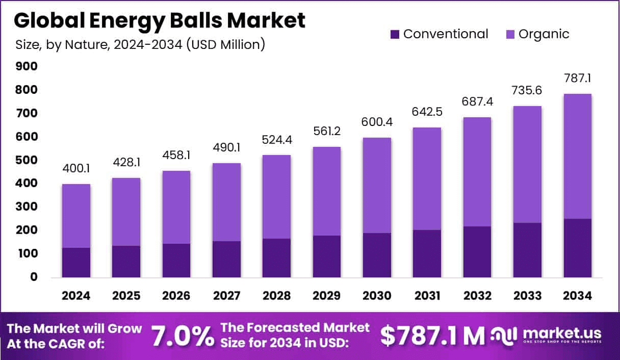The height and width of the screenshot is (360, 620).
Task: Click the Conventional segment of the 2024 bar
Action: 76,262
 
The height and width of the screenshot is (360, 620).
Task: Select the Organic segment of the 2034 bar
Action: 577,156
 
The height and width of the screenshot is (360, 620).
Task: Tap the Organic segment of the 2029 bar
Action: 327,191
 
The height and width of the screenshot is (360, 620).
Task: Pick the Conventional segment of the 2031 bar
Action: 427,253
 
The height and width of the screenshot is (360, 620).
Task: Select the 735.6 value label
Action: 527,91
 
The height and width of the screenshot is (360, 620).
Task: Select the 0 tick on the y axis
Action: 33,277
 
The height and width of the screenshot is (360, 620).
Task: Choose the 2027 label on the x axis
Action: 226,296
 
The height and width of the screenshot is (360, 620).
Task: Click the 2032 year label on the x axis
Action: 477,296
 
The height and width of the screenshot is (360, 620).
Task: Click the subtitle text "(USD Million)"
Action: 225,44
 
